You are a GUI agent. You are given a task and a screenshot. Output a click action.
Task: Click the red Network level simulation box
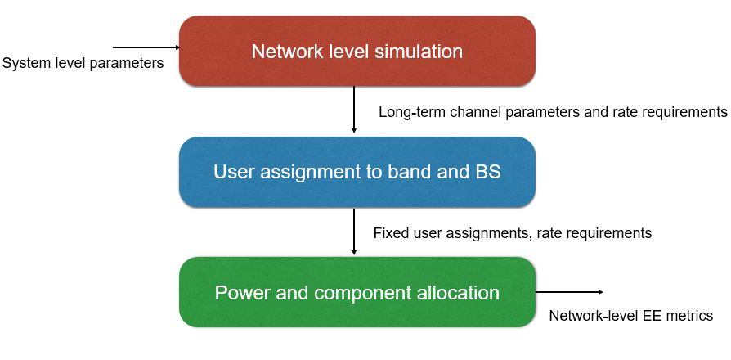[357, 51]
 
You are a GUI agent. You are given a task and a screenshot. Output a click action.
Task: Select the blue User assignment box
[357, 172]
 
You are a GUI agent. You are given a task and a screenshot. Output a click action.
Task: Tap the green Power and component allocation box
[357, 292]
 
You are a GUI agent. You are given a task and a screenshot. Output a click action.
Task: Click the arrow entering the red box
[146, 47]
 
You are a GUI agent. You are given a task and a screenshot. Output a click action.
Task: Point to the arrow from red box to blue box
[354, 110]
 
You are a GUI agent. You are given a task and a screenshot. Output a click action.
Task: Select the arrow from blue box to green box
[354, 232]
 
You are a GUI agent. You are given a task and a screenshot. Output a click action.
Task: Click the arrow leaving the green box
[569, 292]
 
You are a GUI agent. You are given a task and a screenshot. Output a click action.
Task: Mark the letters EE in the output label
[653, 316]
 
